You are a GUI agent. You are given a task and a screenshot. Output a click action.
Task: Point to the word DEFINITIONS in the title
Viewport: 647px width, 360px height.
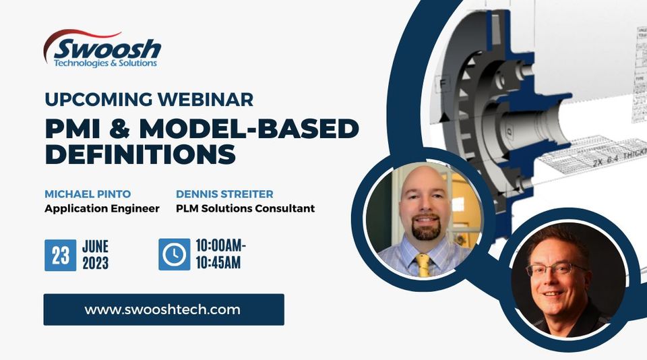[x=140, y=154]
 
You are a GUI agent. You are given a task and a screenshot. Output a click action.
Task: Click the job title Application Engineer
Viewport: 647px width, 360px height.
[x=102, y=208]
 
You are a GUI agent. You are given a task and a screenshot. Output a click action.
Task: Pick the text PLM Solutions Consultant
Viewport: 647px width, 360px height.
[x=245, y=208]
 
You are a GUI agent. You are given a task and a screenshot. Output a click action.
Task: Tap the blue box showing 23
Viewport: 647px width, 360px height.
[x=60, y=255]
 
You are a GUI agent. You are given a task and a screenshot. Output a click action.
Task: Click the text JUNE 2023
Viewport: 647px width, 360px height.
[x=95, y=255]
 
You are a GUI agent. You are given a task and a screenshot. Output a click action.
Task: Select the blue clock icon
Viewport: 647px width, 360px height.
[x=174, y=254]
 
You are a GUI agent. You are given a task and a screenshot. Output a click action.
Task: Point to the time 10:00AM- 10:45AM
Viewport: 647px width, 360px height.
[x=220, y=254]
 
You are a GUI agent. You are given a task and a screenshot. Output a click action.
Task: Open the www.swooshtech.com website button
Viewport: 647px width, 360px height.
[x=163, y=309]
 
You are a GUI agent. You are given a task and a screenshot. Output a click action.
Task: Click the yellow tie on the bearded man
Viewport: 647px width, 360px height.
[x=423, y=264]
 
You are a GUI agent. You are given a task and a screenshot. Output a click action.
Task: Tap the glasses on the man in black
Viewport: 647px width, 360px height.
[x=556, y=270]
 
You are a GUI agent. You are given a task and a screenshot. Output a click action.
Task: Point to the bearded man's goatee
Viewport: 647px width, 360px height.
[x=425, y=231]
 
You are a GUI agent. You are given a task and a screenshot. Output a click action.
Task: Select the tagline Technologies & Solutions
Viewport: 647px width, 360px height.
[x=105, y=63]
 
